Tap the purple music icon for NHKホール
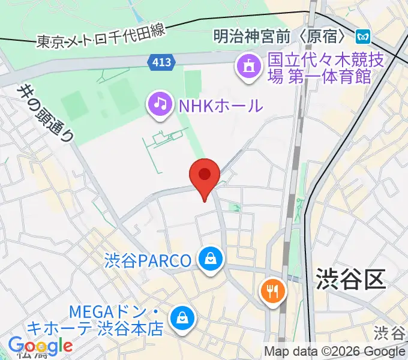pos(160,104)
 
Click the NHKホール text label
pos(220,106)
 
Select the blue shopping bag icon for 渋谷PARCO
pos(211,260)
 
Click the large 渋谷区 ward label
pos(350,279)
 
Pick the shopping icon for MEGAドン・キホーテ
pos(181,319)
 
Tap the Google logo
pos(41,346)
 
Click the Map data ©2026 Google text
pos(335,352)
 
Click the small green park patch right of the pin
pos(235,208)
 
